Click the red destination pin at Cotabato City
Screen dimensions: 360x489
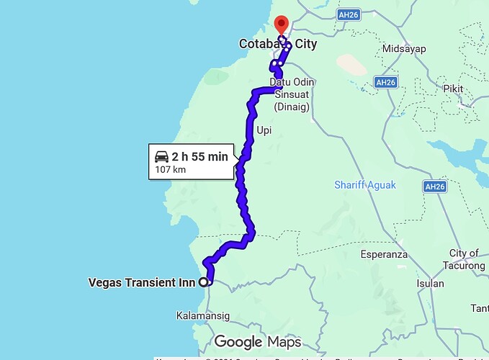pos(282,24)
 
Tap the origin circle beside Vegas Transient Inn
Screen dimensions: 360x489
pos(204,282)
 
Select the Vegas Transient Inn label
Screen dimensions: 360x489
pos(141,282)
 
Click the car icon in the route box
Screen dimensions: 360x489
pos(161,156)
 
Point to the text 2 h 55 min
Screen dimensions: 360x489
pos(199,156)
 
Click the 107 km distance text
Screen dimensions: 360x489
pos(170,171)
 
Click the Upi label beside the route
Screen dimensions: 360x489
pos(264,130)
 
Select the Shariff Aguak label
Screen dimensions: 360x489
pos(365,185)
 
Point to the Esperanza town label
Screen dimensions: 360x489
pos(384,254)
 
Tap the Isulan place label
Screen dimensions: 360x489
pos(431,283)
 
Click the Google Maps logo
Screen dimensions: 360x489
pos(257,341)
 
